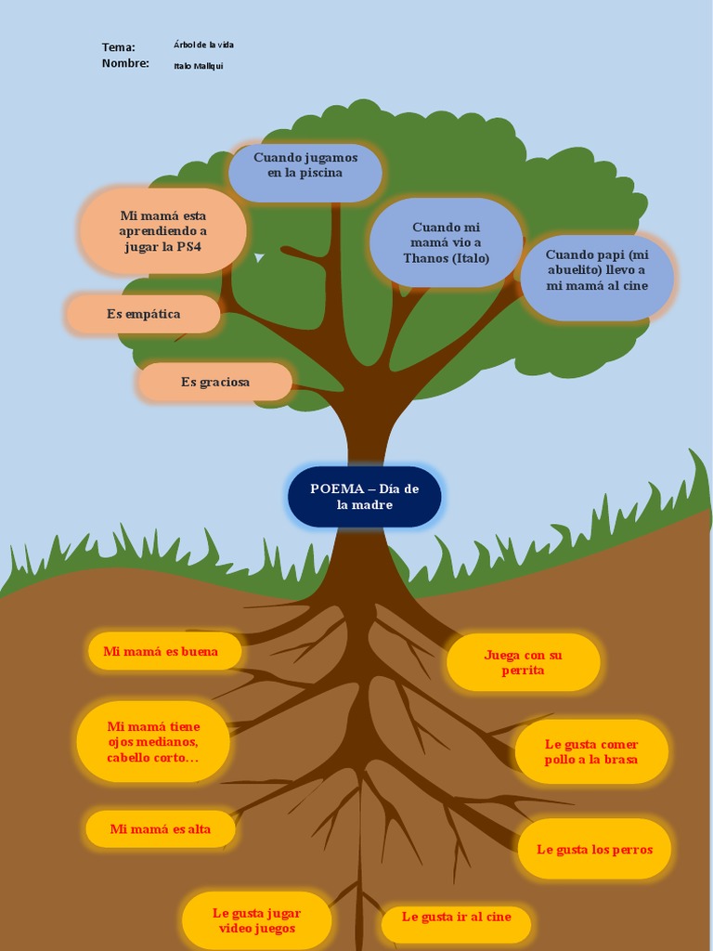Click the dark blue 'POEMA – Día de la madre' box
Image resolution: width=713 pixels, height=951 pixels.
364,497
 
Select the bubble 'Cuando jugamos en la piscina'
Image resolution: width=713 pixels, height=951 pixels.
305,172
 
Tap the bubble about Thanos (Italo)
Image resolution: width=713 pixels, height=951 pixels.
446,242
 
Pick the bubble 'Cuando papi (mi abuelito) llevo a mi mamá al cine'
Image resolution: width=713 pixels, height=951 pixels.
596,277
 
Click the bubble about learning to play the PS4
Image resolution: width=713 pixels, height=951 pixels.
162,231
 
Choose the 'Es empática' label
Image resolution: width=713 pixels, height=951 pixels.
143,314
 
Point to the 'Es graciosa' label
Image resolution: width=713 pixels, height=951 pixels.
214,382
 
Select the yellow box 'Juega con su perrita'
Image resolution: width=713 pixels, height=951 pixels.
523,662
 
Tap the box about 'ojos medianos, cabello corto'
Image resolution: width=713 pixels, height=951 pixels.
153,742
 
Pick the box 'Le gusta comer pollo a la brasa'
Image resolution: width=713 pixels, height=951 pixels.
591,751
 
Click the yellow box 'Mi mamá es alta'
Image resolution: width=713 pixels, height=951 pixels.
160,829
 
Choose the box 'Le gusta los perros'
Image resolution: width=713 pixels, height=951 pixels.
594,849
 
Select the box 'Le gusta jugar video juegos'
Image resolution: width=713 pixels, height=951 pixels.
256,920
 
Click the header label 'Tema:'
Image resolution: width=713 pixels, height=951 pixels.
118,47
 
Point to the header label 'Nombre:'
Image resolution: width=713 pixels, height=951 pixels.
125,63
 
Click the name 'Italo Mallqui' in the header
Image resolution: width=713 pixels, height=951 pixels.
198,66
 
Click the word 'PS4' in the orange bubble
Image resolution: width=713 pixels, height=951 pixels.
188,247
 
